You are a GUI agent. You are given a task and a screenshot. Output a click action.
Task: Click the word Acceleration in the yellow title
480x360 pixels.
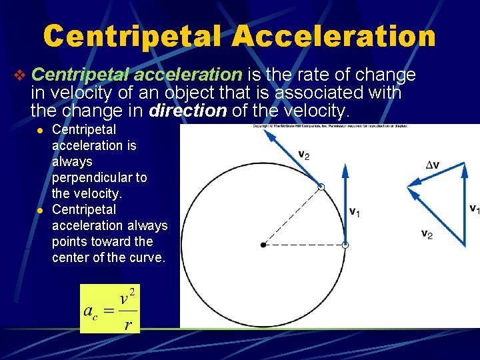tap(335, 37)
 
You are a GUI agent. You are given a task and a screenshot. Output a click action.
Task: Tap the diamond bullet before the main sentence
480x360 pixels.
tap(20, 75)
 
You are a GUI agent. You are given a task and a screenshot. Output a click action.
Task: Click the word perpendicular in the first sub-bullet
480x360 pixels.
tap(99, 178)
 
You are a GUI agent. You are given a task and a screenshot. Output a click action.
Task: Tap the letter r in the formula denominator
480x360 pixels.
tap(128, 325)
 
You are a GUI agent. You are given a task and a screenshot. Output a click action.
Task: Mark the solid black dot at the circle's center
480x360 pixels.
tap(264, 245)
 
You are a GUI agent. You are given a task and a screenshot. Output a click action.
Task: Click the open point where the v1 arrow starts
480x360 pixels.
tap(345, 245)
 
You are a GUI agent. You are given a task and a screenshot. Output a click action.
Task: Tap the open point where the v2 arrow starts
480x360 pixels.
tap(321, 187)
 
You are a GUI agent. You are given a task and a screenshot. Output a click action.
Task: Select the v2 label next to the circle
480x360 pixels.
tap(303, 155)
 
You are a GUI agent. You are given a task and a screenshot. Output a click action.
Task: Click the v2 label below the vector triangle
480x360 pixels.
tap(427, 234)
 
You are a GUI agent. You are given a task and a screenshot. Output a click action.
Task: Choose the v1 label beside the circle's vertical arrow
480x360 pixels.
tap(355, 211)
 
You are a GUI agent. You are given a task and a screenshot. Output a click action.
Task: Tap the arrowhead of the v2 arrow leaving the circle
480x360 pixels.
tap(269, 134)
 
